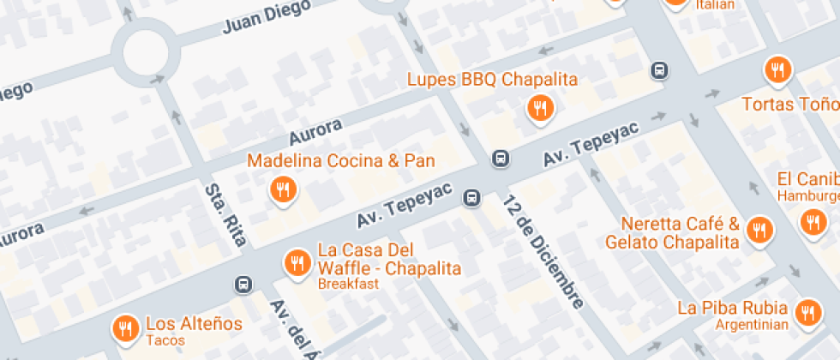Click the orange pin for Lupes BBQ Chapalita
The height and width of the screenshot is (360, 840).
[x=540, y=108]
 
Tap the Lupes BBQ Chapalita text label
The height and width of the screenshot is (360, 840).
[x=492, y=80]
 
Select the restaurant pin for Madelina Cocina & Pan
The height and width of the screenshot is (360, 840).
[x=282, y=189]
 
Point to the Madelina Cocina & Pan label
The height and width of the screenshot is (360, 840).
[x=341, y=161]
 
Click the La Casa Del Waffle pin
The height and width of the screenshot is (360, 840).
[x=297, y=262]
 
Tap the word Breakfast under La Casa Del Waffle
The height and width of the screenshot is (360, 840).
[x=348, y=284]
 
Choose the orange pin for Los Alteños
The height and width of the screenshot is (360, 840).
[x=125, y=327]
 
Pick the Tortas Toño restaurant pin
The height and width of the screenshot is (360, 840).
[x=777, y=70]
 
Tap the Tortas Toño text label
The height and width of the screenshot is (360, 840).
[x=789, y=105]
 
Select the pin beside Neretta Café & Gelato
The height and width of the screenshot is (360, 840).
[x=759, y=230]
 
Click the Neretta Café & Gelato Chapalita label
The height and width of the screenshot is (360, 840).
[x=672, y=233]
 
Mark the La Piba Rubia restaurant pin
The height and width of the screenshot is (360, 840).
[x=807, y=314]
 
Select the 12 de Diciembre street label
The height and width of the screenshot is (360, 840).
[x=544, y=252]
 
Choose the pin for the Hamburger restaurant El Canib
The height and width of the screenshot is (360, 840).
[x=811, y=223]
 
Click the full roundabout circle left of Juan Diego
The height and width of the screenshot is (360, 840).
[x=152, y=53]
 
